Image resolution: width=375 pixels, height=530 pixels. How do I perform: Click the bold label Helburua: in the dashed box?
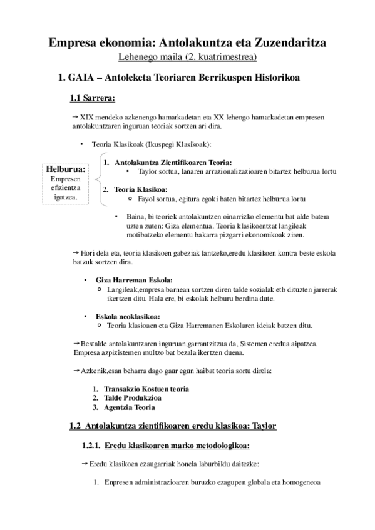(65, 169)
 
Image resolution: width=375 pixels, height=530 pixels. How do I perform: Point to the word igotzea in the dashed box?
(64, 196)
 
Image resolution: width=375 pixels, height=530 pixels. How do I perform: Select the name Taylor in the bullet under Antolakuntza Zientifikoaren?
(146, 171)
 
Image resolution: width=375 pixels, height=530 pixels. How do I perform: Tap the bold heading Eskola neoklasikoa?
(127, 316)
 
